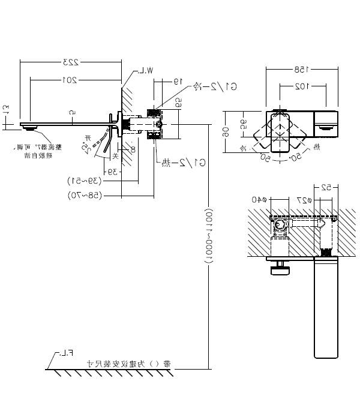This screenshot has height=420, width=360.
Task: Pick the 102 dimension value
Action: point(300,86)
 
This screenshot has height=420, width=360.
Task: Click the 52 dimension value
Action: point(325,187)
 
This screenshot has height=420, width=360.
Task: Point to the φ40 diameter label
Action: point(260,200)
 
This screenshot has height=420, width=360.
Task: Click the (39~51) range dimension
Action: point(84,180)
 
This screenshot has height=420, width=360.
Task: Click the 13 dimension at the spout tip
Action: point(7,110)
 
